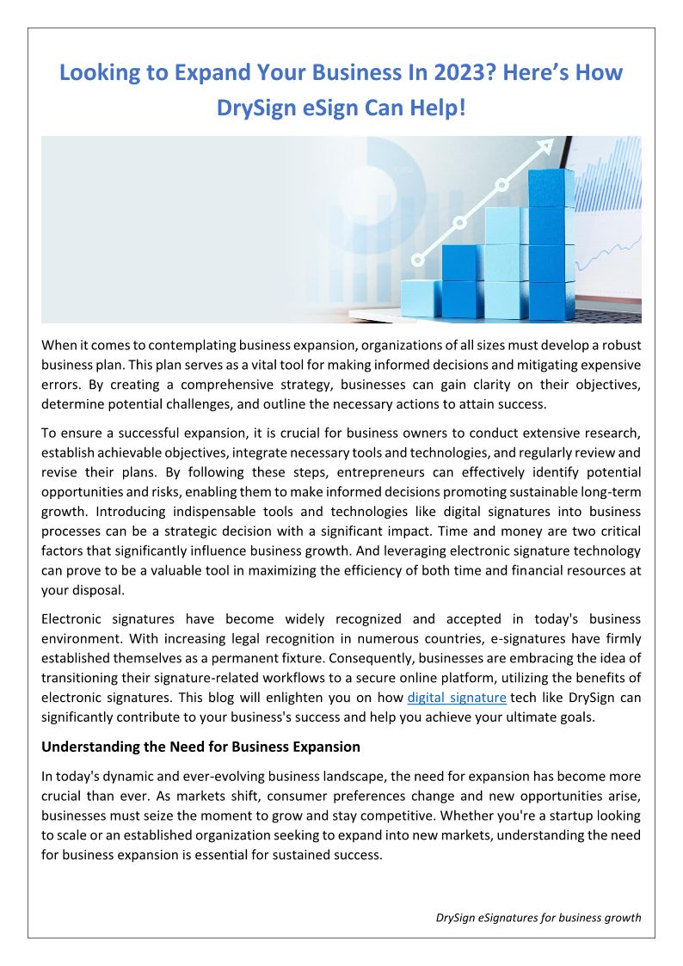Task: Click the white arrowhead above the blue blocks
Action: pyautogui.click(x=544, y=147)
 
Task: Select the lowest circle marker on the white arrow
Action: pyautogui.click(x=419, y=258)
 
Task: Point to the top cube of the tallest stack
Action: pyautogui.click(x=551, y=188)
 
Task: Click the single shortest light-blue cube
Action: pyautogui.click(x=421, y=298)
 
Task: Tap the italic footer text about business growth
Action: pyautogui.click(x=538, y=917)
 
